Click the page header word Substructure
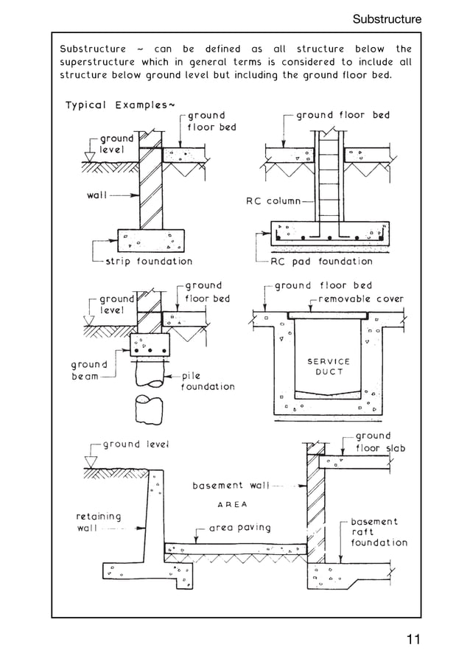(x=387, y=18)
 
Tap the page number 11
(x=412, y=639)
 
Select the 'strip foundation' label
(x=149, y=261)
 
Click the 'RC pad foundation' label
(x=321, y=261)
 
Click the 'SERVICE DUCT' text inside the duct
(x=328, y=366)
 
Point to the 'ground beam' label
(x=89, y=370)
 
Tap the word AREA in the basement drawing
(x=233, y=505)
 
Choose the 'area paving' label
(x=239, y=528)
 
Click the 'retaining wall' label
(x=98, y=523)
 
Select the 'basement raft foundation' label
(x=379, y=531)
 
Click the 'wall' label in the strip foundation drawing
(x=94, y=195)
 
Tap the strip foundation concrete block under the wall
(x=150, y=239)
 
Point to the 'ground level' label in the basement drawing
(x=136, y=444)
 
